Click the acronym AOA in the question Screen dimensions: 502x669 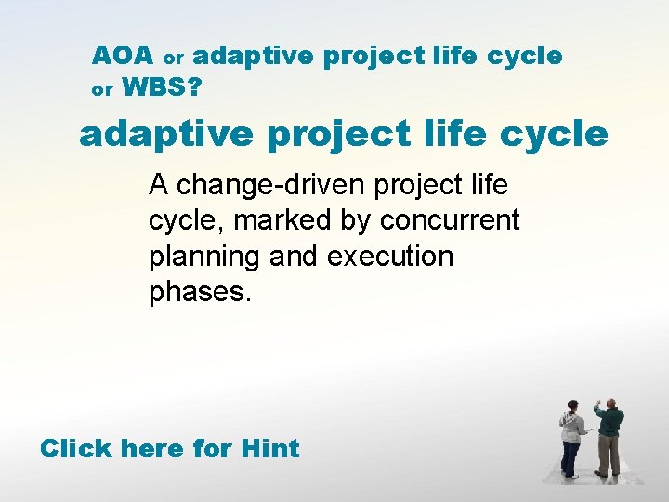coord(122,56)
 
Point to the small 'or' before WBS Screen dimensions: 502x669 coord(102,91)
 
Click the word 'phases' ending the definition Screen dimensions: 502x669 coord(196,293)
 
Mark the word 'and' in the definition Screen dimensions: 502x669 coord(295,257)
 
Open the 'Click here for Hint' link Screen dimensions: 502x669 coord(170,449)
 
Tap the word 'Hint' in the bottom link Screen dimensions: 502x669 coord(269,449)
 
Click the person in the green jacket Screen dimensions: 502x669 coord(609,437)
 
